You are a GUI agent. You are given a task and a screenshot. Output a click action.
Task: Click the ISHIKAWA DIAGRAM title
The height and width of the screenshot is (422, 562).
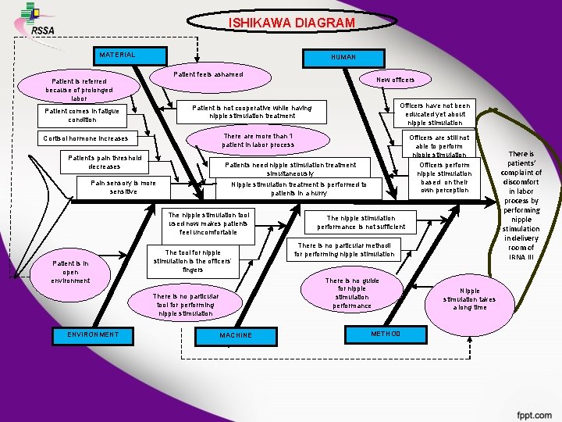point(291,23)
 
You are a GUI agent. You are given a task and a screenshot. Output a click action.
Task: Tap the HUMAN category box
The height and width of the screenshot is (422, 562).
point(343,57)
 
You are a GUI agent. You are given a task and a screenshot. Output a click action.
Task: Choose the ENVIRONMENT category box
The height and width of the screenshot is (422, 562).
point(87,335)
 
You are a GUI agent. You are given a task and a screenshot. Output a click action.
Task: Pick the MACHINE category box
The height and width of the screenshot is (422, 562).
point(235,335)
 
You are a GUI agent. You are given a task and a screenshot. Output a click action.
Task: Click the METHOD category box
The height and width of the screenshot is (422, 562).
point(385,334)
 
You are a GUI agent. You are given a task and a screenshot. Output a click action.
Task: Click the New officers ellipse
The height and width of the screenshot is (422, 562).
point(395,80)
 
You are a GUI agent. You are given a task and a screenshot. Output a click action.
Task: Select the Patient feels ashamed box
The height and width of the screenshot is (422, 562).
point(208,75)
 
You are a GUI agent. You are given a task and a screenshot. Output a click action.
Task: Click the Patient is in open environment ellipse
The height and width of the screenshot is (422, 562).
point(70,271)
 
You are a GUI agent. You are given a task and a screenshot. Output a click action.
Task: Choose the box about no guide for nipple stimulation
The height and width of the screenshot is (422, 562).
point(351,293)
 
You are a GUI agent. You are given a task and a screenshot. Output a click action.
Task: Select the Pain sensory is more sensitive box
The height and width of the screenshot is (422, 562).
point(123,188)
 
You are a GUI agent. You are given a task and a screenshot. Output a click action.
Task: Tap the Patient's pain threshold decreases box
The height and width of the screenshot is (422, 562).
point(105,163)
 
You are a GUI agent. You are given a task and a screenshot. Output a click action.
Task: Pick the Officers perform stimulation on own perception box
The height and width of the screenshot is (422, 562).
point(444,177)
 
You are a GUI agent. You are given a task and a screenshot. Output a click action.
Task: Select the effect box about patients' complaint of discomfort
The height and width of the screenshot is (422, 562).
point(521,206)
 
